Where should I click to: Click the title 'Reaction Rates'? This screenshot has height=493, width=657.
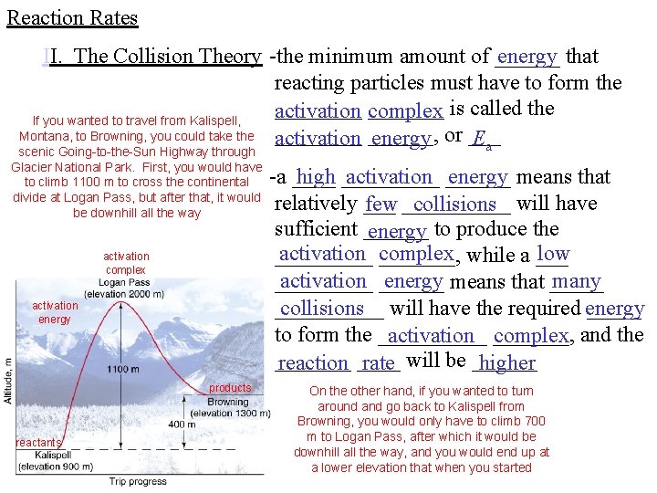point(72,17)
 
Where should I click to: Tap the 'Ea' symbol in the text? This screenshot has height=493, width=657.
point(484,140)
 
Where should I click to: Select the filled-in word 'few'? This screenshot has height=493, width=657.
point(381,204)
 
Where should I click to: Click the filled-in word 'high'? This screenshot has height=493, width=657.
point(316,177)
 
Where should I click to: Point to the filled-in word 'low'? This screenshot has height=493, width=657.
point(554,254)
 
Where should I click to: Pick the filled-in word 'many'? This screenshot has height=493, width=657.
point(577,281)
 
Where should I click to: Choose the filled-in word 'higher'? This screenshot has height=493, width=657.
point(506,363)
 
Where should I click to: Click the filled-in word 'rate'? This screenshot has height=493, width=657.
point(378,363)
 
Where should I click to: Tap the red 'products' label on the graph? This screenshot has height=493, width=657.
point(229,388)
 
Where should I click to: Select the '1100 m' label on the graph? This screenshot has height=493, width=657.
point(123,369)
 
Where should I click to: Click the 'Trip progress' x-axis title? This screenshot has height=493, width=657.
point(137,481)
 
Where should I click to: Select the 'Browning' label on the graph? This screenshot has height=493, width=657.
point(228,402)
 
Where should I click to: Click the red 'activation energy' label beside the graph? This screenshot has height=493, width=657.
point(54,312)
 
